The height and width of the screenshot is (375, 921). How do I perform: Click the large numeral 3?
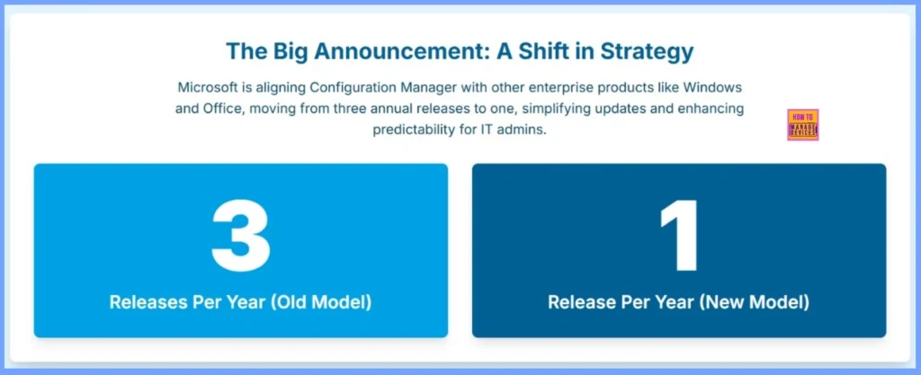(x=240, y=237)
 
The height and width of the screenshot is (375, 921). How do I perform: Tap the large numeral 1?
(x=678, y=237)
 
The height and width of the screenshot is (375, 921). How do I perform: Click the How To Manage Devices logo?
(x=802, y=125)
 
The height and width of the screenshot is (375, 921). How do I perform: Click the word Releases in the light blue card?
(x=146, y=302)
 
